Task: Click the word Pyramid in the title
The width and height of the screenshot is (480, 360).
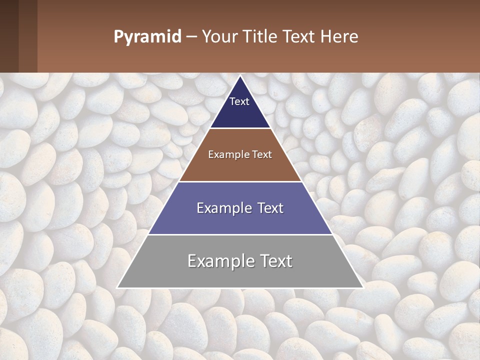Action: [x=147, y=37]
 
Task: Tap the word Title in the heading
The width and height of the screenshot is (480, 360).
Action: [x=260, y=37]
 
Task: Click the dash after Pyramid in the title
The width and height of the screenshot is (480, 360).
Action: [x=191, y=37]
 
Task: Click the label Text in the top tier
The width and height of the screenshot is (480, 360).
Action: [x=239, y=101]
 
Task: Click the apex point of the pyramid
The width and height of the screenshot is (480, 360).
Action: [x=240, y=76]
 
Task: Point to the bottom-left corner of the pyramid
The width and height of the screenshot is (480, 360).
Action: [x=117, y=287]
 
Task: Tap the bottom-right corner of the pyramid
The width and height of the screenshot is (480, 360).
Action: [x=363, y=287]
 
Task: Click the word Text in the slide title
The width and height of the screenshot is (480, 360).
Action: [x=301, y=37]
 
